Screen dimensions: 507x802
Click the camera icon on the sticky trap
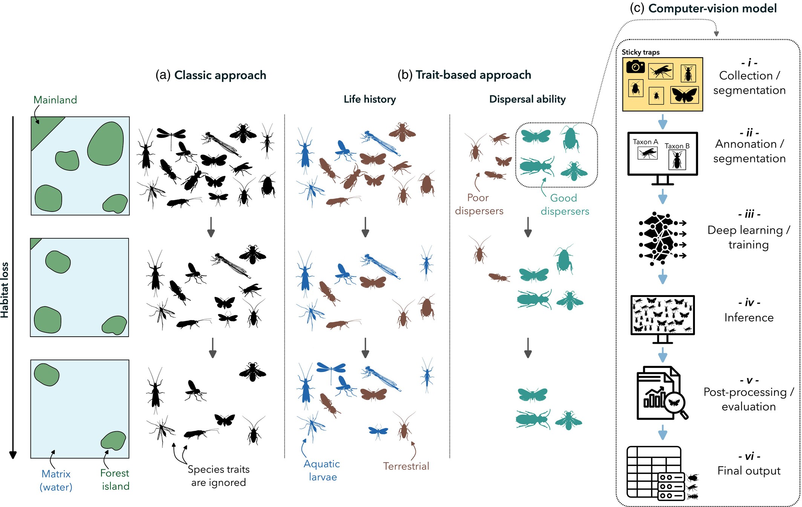[x=635, y=67]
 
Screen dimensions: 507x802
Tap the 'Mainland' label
[x=55, y=100]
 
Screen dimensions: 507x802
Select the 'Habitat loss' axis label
[x=5, y=290]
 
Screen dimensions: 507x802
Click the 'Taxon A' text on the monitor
[x=645, y=142]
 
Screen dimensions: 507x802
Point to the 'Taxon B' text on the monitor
[x=677, y=146]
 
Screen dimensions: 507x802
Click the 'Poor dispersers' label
[x=479, y=204]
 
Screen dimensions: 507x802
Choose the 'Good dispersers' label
[x=565, y=205]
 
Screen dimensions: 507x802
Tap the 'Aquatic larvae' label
[x=322, y=470]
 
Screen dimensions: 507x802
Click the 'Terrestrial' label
[x=406, y=466]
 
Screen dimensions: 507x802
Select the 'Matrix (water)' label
[x=56, y=480]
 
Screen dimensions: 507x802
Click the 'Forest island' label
[x=115, y=479]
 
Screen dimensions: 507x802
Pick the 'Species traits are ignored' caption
[x=219, y=476]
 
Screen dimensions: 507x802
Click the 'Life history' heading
[x=370, y=99]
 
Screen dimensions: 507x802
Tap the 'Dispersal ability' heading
[x=527, y=99]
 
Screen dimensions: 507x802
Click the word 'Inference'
[x=749, y=318]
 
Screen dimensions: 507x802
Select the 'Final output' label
[x=749, y=471]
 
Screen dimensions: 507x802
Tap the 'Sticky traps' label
[x=640, y=52]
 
